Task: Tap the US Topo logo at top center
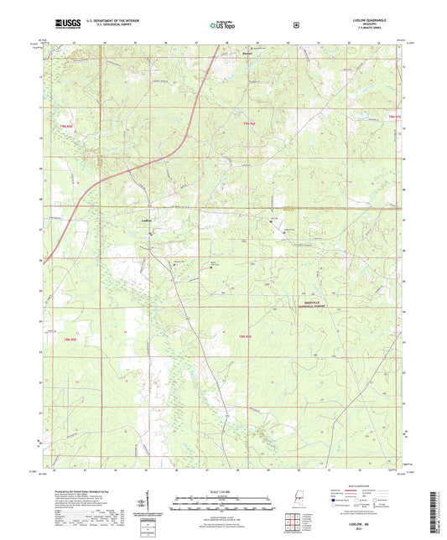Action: click(x=223, y=24)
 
